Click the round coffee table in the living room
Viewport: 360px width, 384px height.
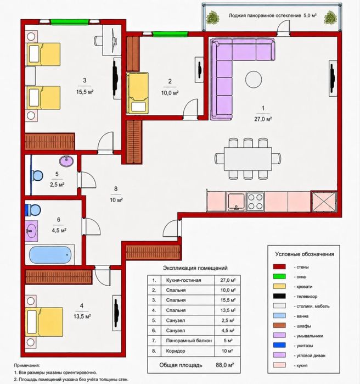tap(254, 79)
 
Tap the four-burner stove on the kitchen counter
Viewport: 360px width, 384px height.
tap(255, 202)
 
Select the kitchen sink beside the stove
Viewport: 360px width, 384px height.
tap(236, 202)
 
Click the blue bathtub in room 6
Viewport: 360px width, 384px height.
tap(50, 255)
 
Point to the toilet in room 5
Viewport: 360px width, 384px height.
tap(37, 175)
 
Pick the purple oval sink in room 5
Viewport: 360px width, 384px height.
tap(66, 162)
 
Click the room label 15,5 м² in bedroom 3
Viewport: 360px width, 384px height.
tap(85, 92)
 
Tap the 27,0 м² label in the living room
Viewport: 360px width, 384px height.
tap(263, 119)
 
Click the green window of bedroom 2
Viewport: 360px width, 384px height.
tap(170, 34)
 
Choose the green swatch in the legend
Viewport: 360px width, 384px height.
tap(279, 277)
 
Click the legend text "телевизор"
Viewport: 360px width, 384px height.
tap(307, 296)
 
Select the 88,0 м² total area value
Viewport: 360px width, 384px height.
tap(225, 365)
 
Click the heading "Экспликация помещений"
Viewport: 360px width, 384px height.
tap(195, 268)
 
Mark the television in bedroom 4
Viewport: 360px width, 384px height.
tap(117, 311)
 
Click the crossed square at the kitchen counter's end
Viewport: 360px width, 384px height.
tap(324, 202)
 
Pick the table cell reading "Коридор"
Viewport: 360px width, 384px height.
tap(176, 351)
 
